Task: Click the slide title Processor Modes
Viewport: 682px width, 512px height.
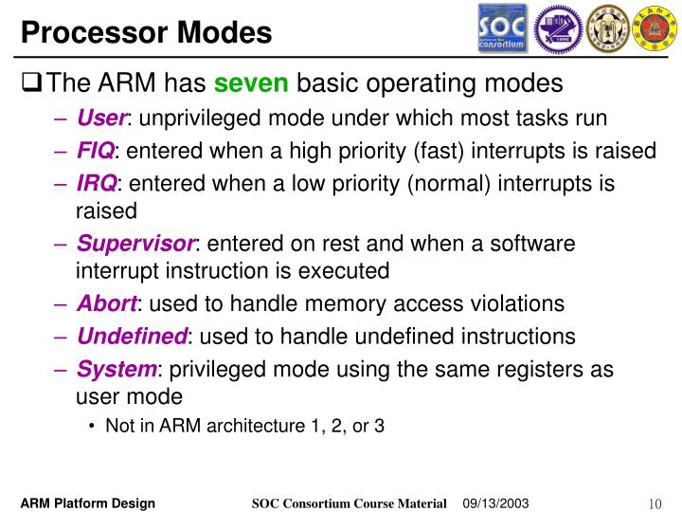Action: [x=146, y=33]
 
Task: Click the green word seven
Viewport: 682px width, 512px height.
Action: [x=251, y=84]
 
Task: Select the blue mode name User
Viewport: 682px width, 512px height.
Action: [x=101, y=119]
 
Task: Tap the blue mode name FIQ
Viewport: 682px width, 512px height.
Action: [x=95, y=151]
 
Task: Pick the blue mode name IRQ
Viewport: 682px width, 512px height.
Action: [x=96, y=183]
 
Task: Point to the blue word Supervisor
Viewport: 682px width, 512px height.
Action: [x=135, y=244]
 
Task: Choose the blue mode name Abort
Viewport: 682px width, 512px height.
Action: [x=107, y=304]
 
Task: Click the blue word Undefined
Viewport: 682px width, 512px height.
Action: [x=132, y=337]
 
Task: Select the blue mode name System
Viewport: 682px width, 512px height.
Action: [x=116, y=369]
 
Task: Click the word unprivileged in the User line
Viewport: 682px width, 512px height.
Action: [x=192, y=119]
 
